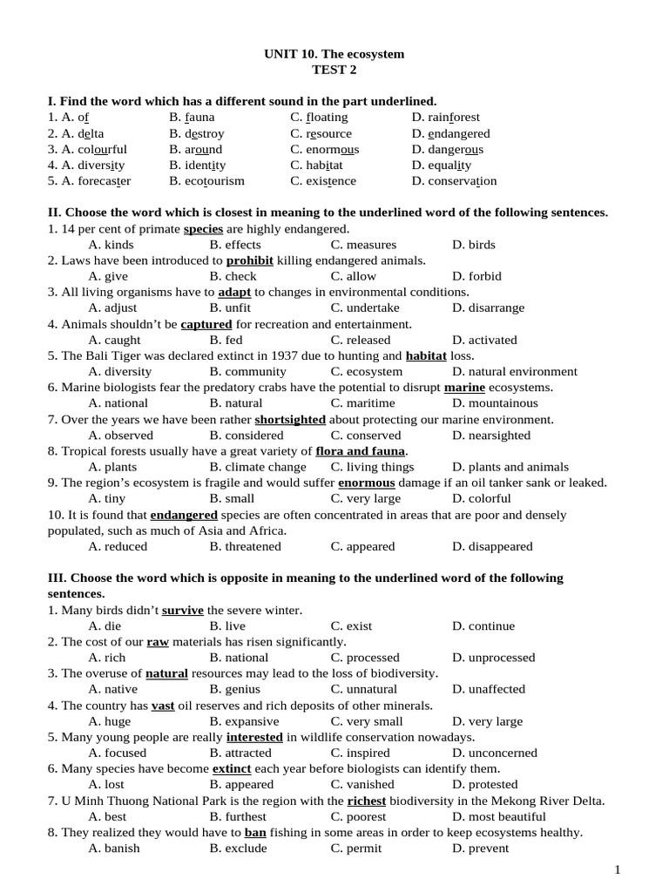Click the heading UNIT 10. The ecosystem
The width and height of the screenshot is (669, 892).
tap(334, 54)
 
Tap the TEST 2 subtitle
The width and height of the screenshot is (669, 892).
tap(334, 70)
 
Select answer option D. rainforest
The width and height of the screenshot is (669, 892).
tap(446, 118)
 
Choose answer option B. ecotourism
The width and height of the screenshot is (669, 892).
tap(207, 181)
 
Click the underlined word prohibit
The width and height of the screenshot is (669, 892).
tap(250, 260)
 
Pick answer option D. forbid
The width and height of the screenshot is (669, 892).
tap(476, 276)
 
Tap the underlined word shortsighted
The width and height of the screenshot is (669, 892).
tap(290, 419)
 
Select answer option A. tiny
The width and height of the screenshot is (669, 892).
tap(109, 499)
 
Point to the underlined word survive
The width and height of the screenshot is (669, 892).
tap(183, 610)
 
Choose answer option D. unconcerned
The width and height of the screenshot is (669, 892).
tap(495, 753)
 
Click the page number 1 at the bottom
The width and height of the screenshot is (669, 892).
tap(618, 869)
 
